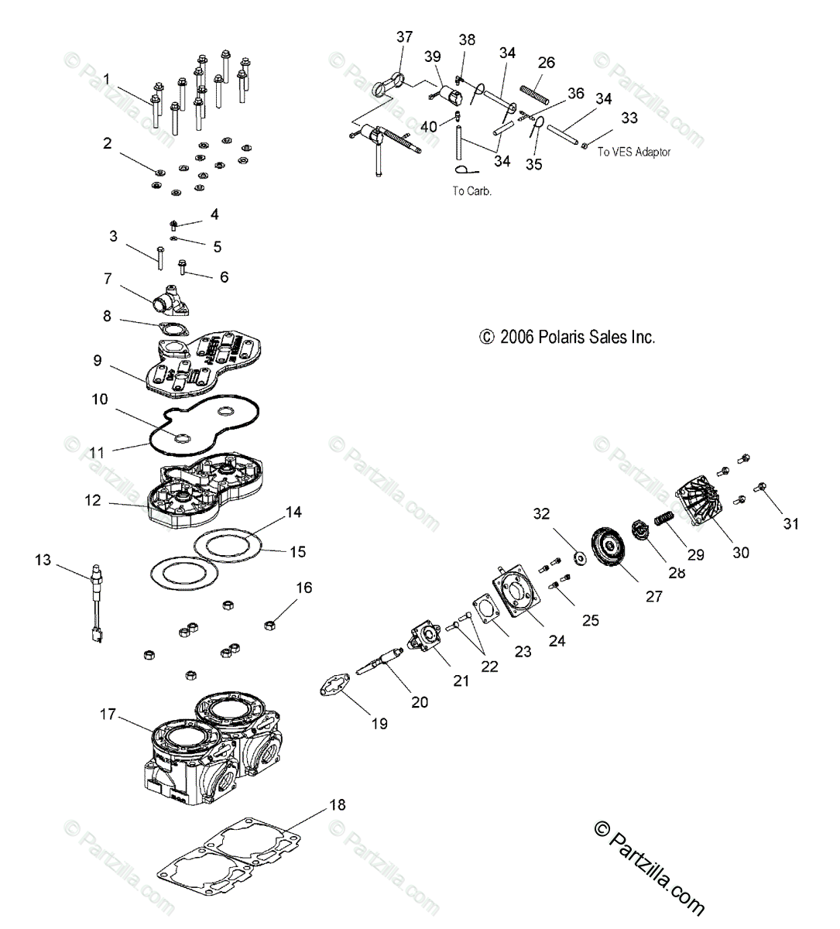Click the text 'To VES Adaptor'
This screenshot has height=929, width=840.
point(633,153)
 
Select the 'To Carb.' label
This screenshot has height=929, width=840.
point(471,190)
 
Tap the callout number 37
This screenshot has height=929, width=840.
point(404,37)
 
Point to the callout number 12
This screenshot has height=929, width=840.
point(93,501)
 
